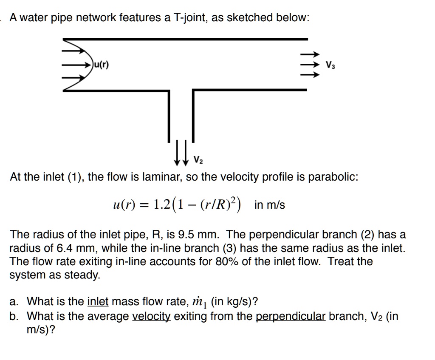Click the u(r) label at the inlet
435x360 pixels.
point(101,65)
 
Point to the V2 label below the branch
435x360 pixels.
point(198,160)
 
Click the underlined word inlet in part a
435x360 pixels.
point(98,302)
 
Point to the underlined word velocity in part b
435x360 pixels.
point(153,316)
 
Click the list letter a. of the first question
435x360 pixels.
point(14,302)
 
